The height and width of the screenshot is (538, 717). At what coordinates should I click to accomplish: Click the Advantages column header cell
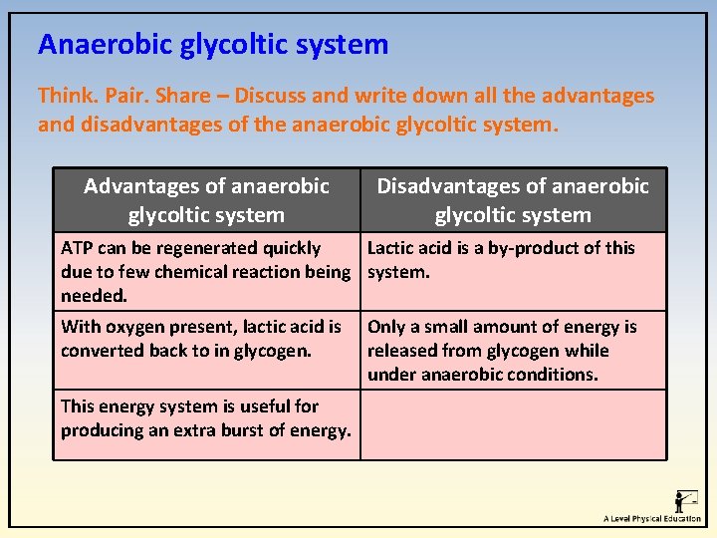[x=206, y=200]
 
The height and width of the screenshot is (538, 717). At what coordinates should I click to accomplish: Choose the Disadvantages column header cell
[x=513, y=200]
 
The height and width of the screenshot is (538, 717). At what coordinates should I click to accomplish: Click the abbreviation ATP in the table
[x=77, y=248]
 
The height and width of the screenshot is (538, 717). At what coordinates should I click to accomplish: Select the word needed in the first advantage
[x=93, y=296]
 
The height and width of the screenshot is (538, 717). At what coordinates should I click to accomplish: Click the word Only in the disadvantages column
[x=387, y=327]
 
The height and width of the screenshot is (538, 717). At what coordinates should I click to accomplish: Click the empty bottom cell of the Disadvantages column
[x=513, y=424]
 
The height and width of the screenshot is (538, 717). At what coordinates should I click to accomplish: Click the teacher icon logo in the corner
[x=685, y=499]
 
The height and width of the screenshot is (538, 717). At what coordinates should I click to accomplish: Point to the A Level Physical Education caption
[x=652, y=519]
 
